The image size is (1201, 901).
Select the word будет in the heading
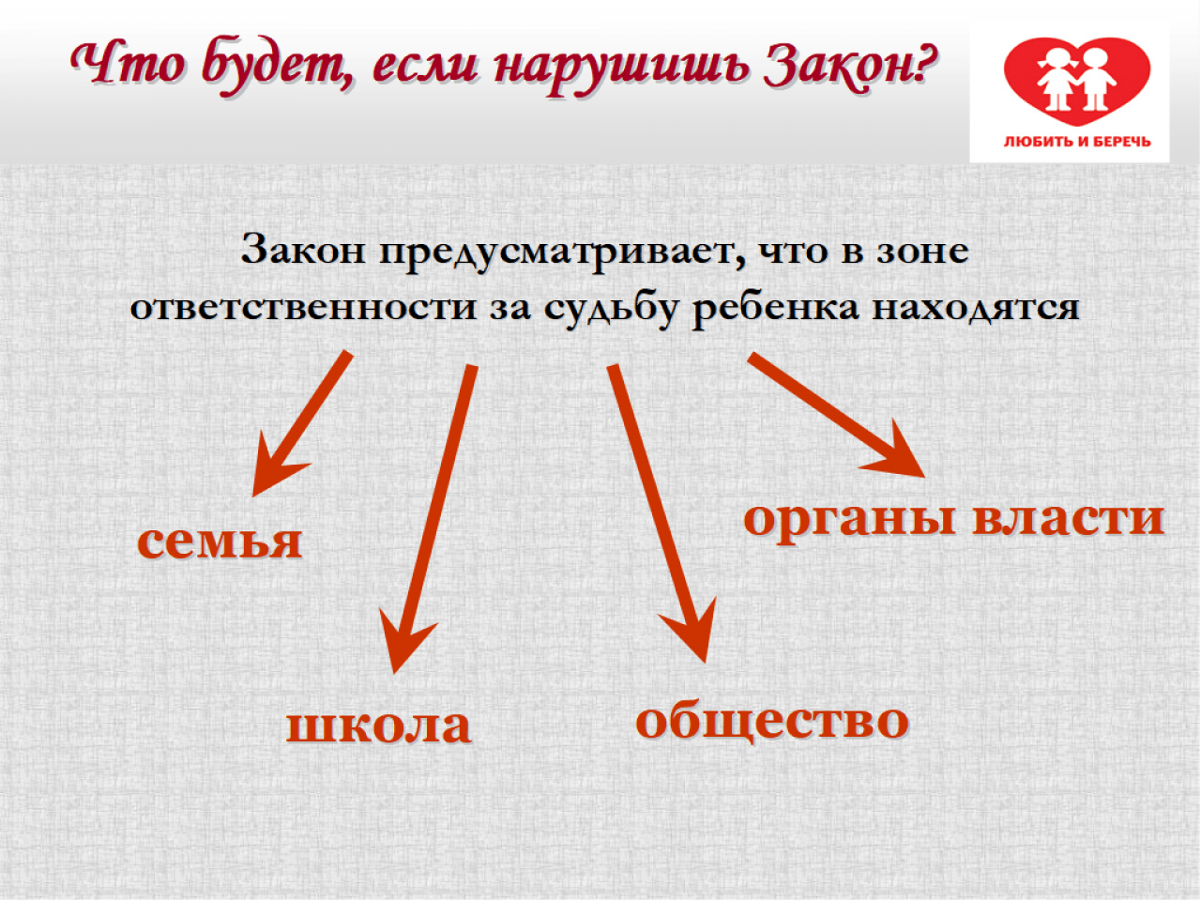point(278,69)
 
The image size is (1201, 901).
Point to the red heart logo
point(1077,81)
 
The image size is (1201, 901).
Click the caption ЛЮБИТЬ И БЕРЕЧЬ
point(1077,143)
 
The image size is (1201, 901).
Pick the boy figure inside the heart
point(1095,78)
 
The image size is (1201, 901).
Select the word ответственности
point(304,308)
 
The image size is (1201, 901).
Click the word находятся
point(976,309)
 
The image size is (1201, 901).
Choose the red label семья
point(220,542)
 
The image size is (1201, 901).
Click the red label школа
point(379,725)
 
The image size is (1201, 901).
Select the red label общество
point(772,721)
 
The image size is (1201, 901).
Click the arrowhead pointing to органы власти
point(897,455)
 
